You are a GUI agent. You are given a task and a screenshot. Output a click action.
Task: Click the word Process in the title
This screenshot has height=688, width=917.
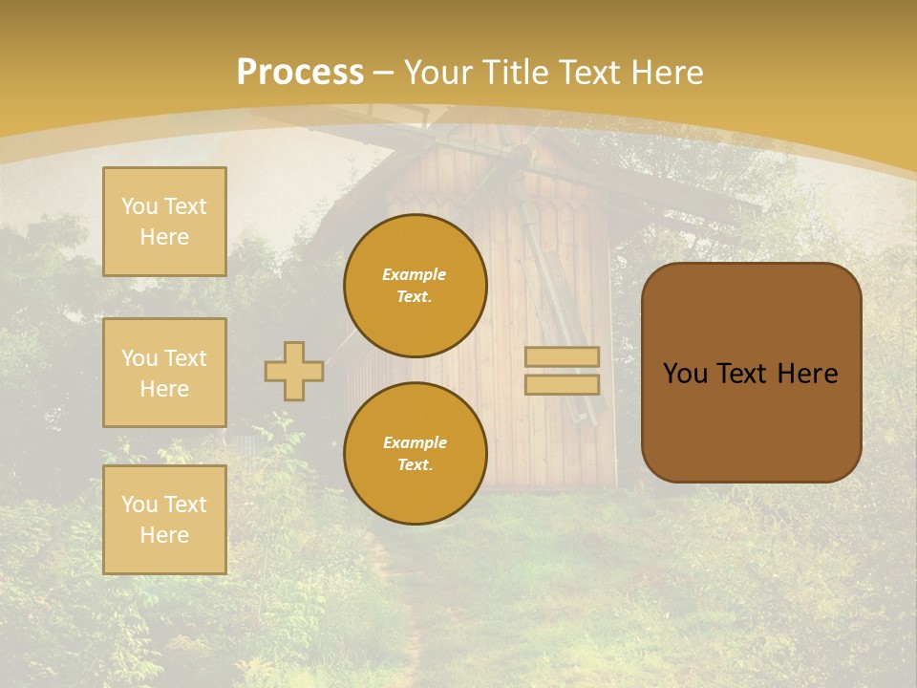pyautogui.click(x=300, y=73)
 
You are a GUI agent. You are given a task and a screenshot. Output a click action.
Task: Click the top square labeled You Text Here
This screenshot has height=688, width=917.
pyautogui.click(x=164, y=222)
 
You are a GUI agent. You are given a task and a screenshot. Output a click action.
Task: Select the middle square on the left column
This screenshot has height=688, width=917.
pyautogui.click(x=164, y=373)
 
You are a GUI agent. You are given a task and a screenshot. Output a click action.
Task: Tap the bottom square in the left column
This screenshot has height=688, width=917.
pyautogui.click(x=164, y=519)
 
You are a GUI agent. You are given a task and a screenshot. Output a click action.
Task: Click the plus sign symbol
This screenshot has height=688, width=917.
pyautogui.click(x=294, y=371)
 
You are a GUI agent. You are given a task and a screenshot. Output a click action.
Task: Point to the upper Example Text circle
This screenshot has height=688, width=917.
pyautogui.click(x=416, y=285)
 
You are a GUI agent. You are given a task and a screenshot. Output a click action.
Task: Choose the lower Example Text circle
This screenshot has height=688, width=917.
pyautogui.click(x=416, y=453)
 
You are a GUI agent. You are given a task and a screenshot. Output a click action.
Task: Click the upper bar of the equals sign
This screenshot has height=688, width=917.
pyautogui.click(x=563, y=356)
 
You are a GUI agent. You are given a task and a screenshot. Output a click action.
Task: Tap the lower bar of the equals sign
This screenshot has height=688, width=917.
pyautogui.click(x=563, y=384)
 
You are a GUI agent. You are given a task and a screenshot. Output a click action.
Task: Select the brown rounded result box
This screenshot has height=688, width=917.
pyautogui.click(x=751, y=420)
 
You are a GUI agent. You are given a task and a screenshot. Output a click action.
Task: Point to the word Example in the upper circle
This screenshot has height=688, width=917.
pyautogui.click(x=414, y=274)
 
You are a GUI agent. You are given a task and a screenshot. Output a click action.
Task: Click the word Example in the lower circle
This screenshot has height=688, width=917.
pyautogui.click(x=415, y=442)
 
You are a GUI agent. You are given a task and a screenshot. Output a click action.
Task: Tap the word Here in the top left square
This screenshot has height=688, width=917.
pyautogui.click(x=164, y=237)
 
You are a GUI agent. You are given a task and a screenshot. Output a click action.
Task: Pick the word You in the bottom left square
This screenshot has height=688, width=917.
pyautogui.click(x=139, y=505)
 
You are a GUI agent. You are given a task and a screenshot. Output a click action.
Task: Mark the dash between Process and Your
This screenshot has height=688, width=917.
pyautogui.click(x=384, y=73)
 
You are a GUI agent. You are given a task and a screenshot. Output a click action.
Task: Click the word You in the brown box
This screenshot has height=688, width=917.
pyautogui.click(x=684, y=374)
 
